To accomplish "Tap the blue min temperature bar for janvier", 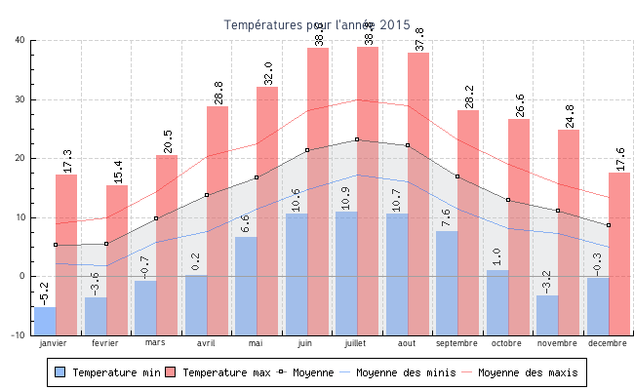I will tap(45, 321).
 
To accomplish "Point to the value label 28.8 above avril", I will tap(218, 93).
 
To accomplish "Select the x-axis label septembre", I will tap(456, 343).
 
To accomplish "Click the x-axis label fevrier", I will tap(104, 343).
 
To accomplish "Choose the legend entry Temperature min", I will tap(107, 372).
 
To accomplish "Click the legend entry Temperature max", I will tap(220, 372).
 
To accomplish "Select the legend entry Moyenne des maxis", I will tap(528, 372).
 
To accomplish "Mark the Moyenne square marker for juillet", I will tap(357, 139).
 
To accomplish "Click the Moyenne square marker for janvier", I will tap(56, 245).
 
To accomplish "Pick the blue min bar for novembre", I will tap(547, 314).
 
